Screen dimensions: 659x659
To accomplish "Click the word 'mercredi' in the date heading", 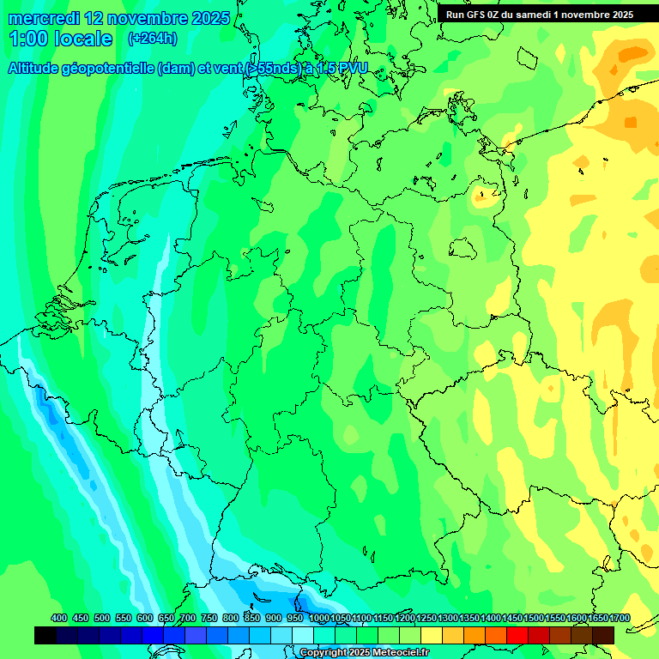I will [x=43, y=18].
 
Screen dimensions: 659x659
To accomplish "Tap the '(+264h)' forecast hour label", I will [x=153, y=39].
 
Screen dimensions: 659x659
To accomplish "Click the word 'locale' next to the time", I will [x=83, y=39].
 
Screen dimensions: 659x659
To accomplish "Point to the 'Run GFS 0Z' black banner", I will [x=539, y=14].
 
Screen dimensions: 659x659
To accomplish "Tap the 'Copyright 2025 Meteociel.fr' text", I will [x=364, y=653].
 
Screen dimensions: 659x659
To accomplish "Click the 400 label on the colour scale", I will [x=59, y=619].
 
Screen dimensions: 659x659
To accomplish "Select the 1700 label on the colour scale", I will [x=597, y=619].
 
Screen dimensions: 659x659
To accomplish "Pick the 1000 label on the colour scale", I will [x=319, y=619].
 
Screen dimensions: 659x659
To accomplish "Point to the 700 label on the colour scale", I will [x=188, y=619].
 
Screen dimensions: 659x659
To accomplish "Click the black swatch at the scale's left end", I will [x=45, y=636].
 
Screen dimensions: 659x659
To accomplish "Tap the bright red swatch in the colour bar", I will [x=517, y=636].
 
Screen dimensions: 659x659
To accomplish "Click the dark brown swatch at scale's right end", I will [x=603, y=636].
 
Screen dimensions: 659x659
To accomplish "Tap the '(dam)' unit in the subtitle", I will [x=176, y=68].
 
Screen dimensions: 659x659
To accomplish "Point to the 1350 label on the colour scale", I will [x=469, y=619].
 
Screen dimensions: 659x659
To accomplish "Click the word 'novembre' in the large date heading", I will [x=142, y=18].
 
